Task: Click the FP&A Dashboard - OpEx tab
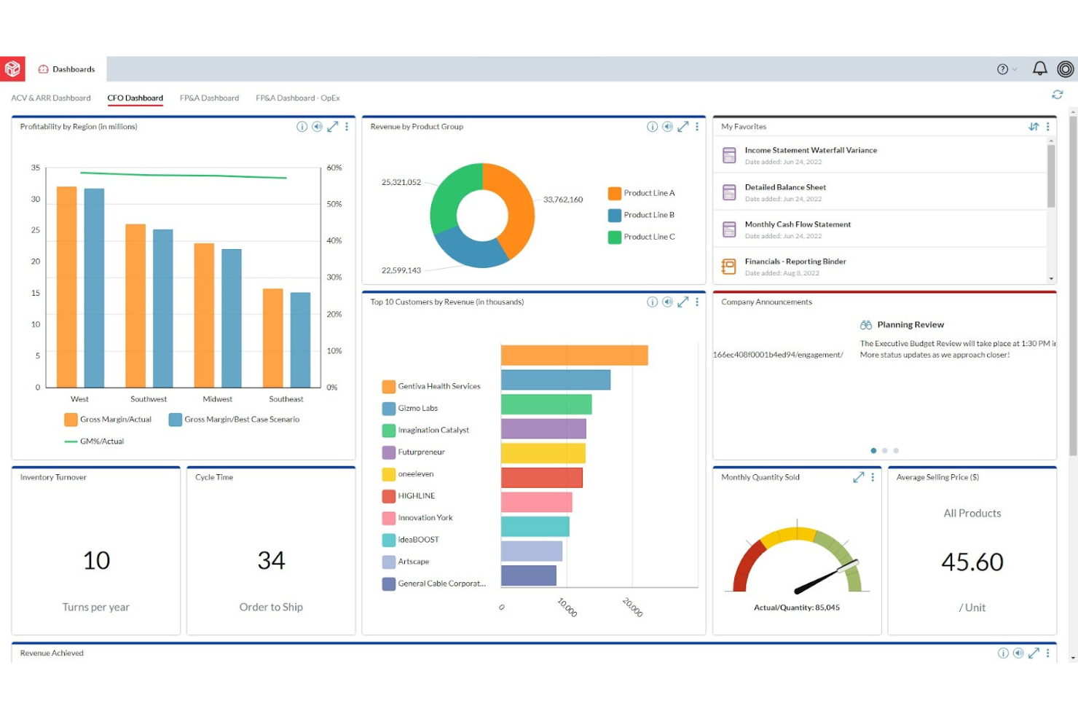click(297, 98)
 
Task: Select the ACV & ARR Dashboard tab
click(51, 98)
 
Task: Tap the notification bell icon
click(1039, 68)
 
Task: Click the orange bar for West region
click(67, 287)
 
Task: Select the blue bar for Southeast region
click(300, 339)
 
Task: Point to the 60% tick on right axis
click(334, 168)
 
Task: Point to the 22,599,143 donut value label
click(401, 270)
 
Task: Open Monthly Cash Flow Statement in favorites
click(798, 224)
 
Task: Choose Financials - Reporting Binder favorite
click(795, 262)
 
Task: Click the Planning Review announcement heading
click(910, 325)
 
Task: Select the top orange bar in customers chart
click(574, 355)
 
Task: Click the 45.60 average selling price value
click(972, 562)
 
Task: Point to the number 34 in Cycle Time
click(271, 560)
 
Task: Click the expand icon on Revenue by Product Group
click(682, 127)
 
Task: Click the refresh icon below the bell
click(1057, 95)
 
